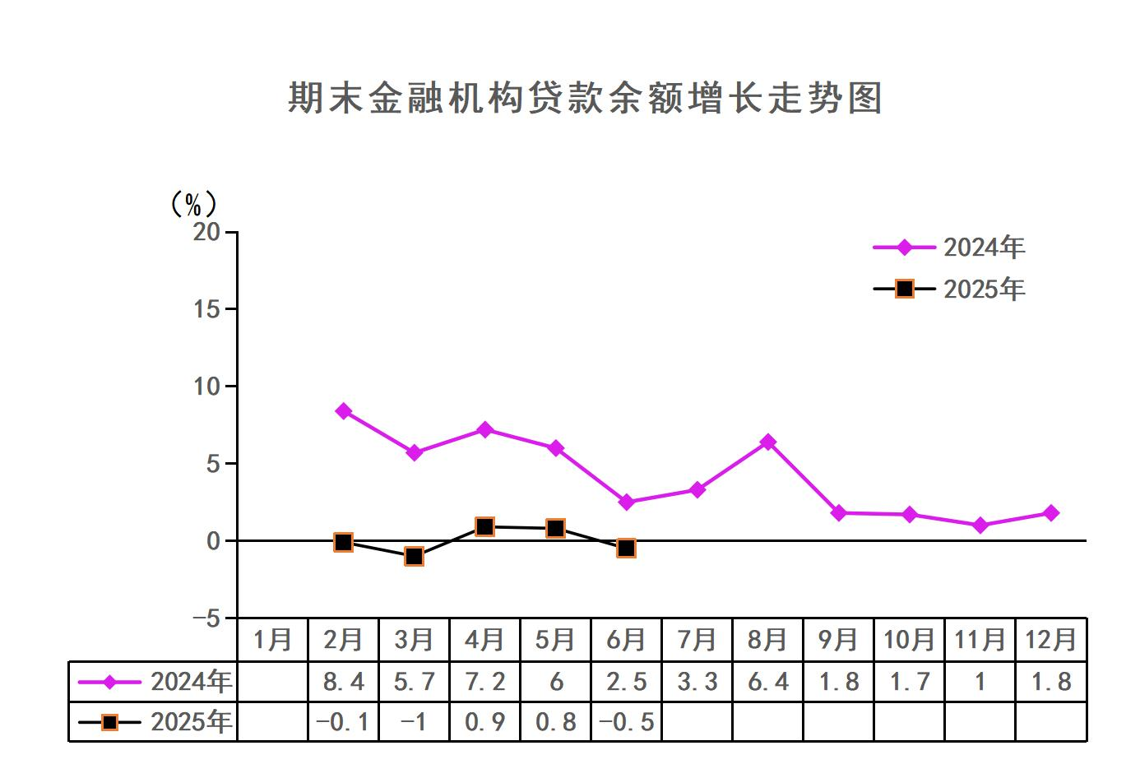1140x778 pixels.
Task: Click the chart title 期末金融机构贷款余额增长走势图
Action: point(585,98)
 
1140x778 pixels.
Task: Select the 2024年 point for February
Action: point(344,411)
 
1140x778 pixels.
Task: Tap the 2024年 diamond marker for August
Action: point(767,442)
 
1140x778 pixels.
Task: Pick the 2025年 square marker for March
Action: point(415,557)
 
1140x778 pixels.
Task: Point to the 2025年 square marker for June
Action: point(626,548)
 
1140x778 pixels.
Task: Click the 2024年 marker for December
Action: point(1050,513)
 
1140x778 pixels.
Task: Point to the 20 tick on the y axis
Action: point(207,232)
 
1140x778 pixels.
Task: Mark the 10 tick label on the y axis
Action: point(207,387)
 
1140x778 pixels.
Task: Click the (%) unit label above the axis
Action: point(192,203)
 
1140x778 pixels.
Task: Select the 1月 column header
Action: point(273,640)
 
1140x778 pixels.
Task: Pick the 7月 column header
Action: point(697,640)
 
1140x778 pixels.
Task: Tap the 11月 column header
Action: point(980,640)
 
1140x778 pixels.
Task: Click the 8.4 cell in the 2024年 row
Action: point(344,682)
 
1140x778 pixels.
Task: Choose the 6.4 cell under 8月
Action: point(767,682)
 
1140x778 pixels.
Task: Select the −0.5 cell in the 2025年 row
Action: point(626,722)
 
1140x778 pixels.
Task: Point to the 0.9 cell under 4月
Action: point(485,722)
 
